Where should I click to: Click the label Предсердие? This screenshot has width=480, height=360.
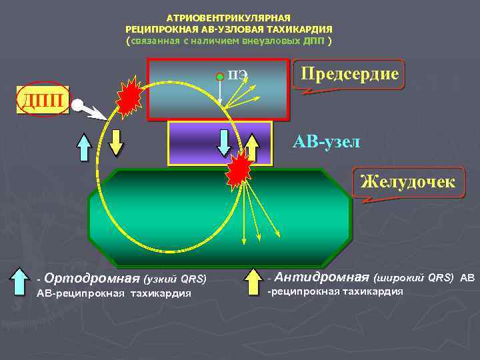point(350,74)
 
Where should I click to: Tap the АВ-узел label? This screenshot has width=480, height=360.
point(326,141)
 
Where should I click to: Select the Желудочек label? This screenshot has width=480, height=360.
point(408,182)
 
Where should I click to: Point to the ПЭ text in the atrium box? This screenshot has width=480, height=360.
point(237,74)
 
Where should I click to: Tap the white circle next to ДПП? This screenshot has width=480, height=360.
point(78,105)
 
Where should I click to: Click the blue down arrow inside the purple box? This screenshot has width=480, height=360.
point(224,141)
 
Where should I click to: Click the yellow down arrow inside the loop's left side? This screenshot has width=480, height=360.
point(116,141)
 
